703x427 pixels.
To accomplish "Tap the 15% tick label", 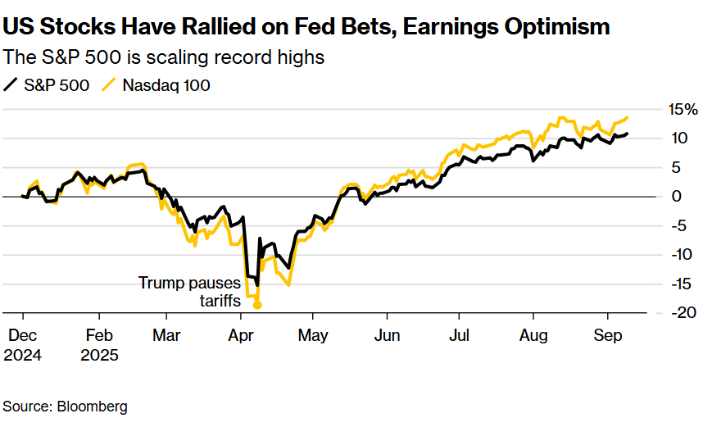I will (x=682, y=109).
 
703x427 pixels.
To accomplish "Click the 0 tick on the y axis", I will (x=677, y=197).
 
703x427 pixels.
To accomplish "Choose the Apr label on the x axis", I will (x=241, y=335).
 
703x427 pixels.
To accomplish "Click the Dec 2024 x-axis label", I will (x=23, y=345).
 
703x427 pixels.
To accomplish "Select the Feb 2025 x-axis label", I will (x=99, y=345).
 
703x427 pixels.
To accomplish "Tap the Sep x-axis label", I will (x=607, y=335).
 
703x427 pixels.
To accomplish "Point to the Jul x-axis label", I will (x=459, y=335).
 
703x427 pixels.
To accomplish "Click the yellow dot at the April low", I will (x=257, y=305).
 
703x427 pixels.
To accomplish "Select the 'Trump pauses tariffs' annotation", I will (x=189, y=292).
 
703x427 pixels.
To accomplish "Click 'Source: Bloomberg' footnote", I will (x=66, y=406).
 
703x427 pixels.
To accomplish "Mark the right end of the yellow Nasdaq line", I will (x=628, y=118).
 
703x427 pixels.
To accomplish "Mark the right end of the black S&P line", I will (x=628, y=134).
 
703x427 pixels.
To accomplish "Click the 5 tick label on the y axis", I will (x=677, y=167).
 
